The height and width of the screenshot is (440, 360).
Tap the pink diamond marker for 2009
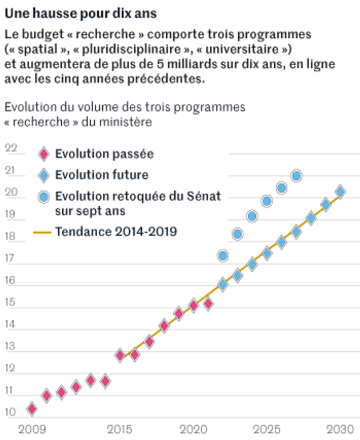[32, 409]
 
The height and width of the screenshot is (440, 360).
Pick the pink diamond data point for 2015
[120, 355]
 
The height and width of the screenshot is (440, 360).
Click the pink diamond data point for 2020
[193, 305]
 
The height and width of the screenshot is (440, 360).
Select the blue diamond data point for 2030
[340, 191]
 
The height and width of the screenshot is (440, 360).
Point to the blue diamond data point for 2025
[267, 253]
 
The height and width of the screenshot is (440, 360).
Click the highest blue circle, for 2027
[296, 176]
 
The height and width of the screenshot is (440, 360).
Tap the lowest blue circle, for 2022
[223, 255]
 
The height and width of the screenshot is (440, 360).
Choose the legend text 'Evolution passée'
[104, 154]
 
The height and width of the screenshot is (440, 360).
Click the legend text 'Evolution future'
[102, 175]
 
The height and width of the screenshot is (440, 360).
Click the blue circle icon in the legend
[43, 197]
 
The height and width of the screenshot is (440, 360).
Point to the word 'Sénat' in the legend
[203, 196]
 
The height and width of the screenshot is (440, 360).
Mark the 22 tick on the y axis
[11, 149]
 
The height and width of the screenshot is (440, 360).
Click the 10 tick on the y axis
[11, 412]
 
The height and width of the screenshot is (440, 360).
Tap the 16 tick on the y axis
[11, 281]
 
